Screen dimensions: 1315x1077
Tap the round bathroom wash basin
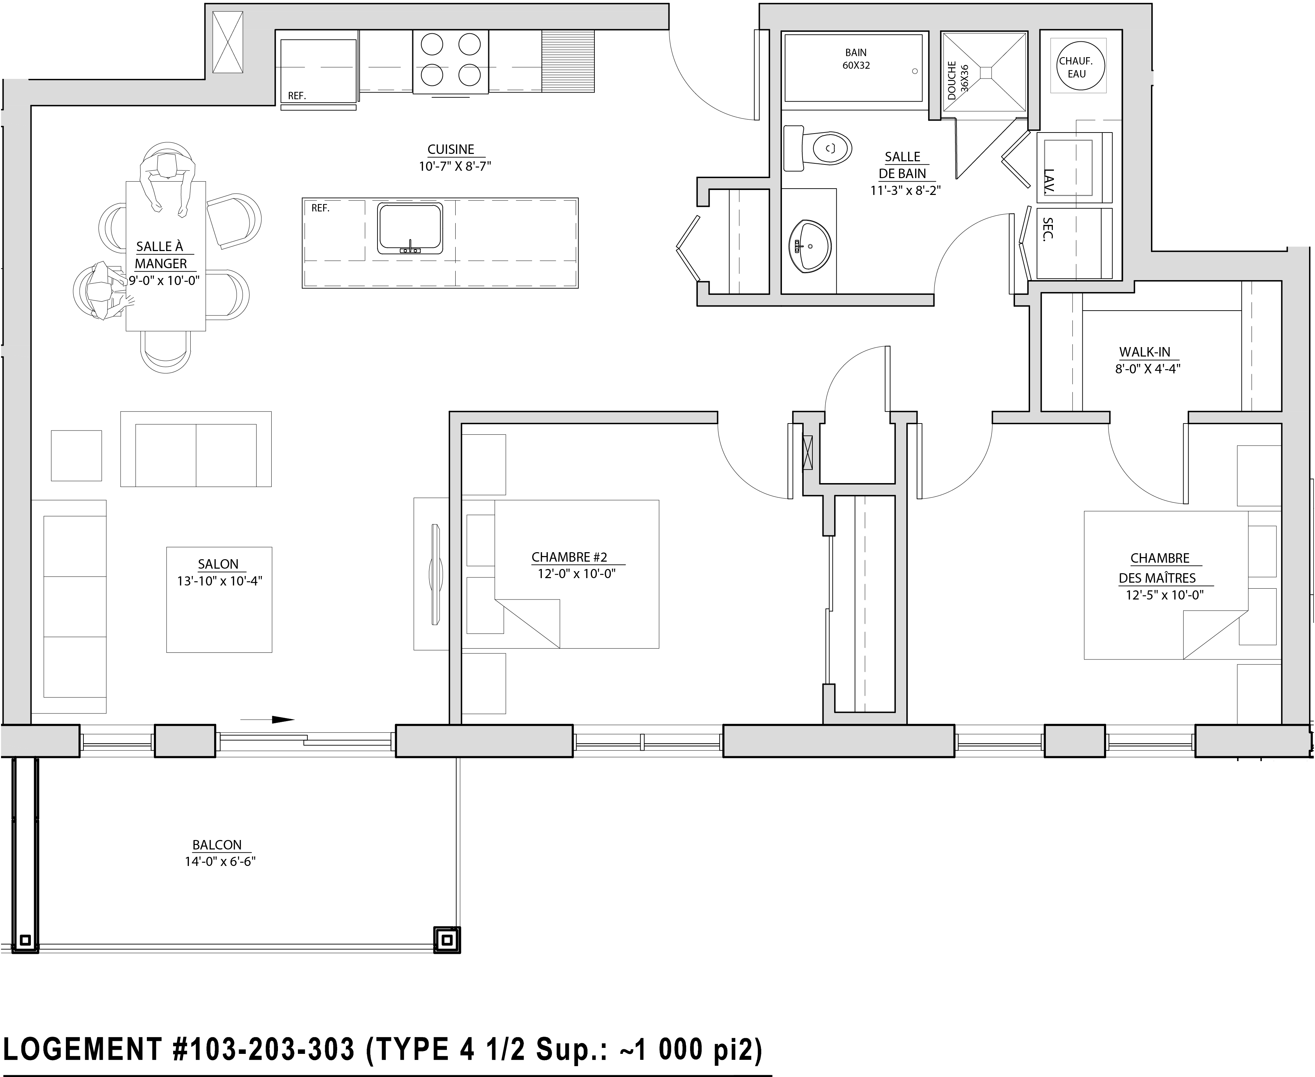(x=810, y=246)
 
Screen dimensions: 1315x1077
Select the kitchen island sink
(x=410, y=228)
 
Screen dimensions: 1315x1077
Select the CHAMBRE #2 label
(x=570, y=557)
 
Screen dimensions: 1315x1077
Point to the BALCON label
(x=217, y=845)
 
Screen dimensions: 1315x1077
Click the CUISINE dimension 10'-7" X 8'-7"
(x=455, y=166)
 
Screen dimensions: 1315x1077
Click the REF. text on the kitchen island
(x=320, y=208)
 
